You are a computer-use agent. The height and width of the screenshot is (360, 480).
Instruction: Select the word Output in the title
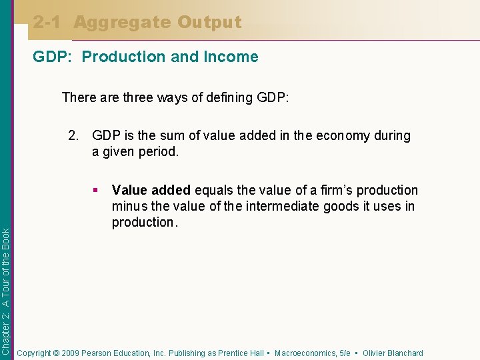[209, 23]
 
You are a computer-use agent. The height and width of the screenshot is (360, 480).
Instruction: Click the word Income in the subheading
[231, 57]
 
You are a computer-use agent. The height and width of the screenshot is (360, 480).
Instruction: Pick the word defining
[226, 97]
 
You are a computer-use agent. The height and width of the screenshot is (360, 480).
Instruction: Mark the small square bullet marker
[97, 191]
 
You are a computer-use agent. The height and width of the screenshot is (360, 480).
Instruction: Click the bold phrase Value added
[151, 191]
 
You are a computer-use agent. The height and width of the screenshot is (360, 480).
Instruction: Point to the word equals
[213, 191]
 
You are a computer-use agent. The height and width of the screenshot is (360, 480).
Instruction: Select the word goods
[341, 207]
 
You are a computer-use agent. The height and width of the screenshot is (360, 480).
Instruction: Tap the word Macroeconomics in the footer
[305, 353]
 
